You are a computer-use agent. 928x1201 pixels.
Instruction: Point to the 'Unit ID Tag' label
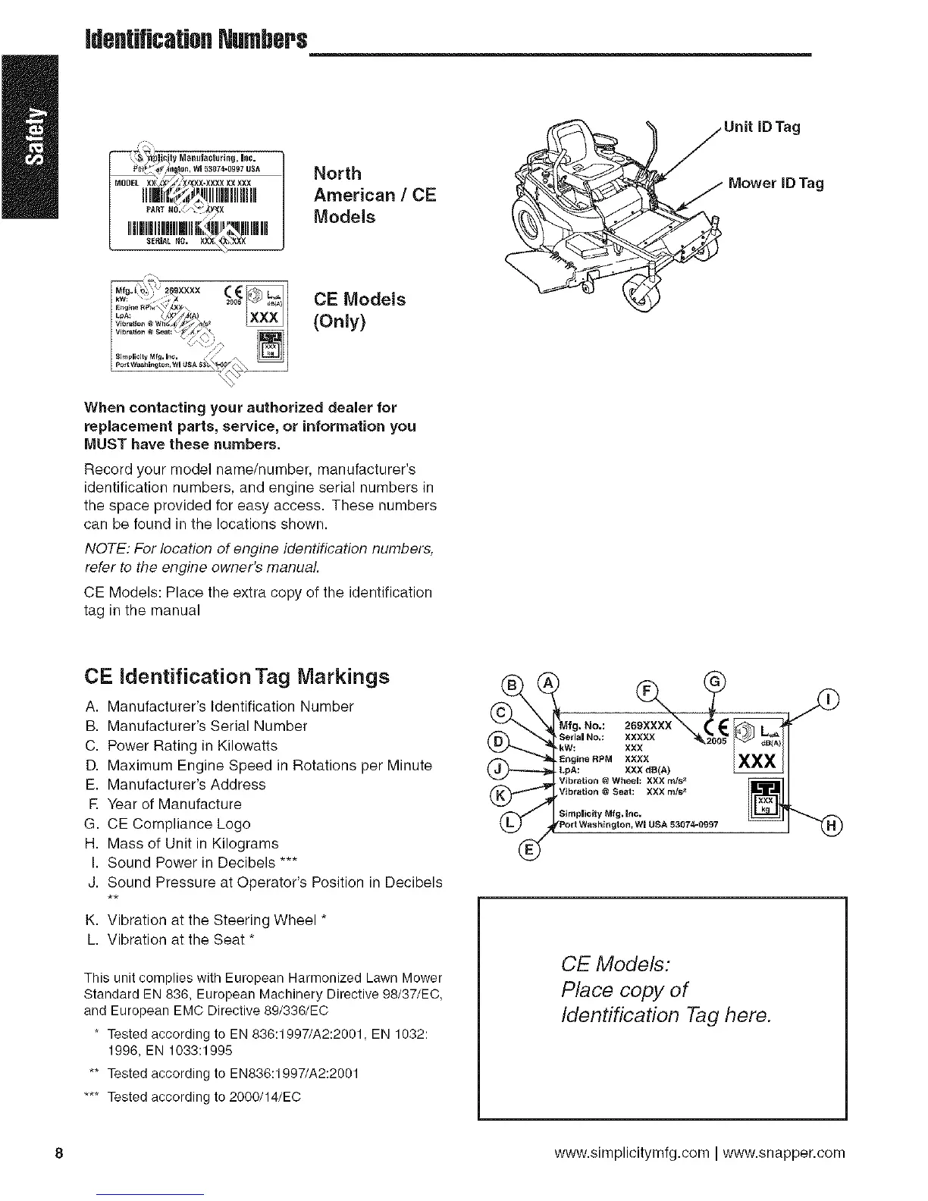(x=762, y=127)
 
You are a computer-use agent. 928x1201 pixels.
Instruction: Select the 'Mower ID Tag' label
(x=775, y=183)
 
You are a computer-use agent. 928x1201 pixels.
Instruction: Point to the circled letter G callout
(x=714, y=682)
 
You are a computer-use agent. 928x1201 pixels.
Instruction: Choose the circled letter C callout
(x=500, y=713)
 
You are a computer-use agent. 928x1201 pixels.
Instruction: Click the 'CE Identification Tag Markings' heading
(x=238, y=676)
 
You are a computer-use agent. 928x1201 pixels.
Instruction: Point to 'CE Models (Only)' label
(x=359, y=310)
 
